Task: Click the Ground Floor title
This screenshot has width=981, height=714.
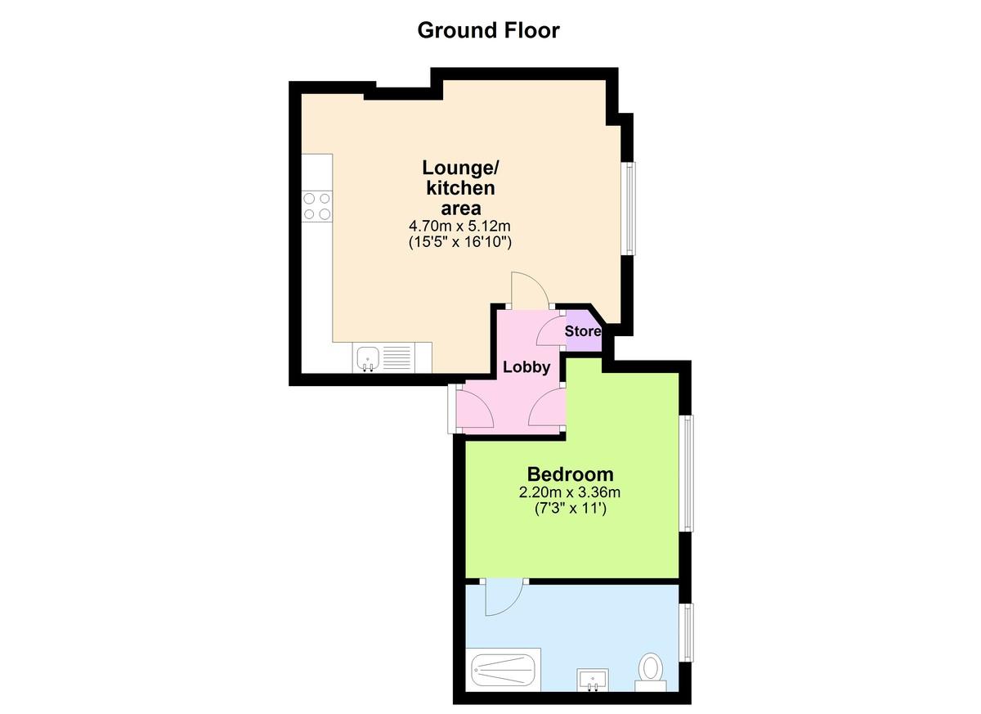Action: tap(488, 30)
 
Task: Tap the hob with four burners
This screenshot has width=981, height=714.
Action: tap(317, 206)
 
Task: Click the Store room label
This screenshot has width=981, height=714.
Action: tap(582, 331)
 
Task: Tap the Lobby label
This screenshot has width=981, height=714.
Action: tap(526, 367)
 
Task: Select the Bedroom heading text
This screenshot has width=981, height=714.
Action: tap(571, 474)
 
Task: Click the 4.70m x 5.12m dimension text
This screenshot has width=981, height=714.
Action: tap(459, 226)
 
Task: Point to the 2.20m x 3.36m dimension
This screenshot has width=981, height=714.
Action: tap(570, 492)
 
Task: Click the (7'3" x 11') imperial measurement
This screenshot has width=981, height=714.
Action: tap(571, 509)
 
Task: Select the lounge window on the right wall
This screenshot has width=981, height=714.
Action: tap(629, 209)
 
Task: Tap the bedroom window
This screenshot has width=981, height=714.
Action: tap(687, 474)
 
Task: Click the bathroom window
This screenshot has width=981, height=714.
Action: tap(687, 633)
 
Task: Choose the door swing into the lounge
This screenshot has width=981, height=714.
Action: tap(531, 289)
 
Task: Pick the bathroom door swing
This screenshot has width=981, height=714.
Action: tap(504, 599)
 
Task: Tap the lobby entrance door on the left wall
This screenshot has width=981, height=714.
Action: tap(475, 408)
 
